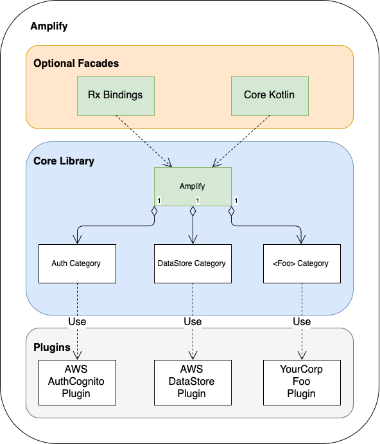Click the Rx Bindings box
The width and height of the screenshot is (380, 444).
pos(116,96)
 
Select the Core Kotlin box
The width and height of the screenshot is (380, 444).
pos(270,96)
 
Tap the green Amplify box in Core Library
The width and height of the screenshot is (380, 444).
pos(193,186)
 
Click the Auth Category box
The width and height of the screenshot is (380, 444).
pos(77,263)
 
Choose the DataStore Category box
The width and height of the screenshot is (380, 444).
pos(193,263)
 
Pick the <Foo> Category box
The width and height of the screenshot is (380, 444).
pos(302,263)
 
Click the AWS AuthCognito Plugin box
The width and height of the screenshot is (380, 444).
pos(77,382)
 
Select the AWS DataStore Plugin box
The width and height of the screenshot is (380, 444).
pos(193,382)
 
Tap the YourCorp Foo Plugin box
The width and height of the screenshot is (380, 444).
pos(302,382)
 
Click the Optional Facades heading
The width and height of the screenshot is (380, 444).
pos(76,63)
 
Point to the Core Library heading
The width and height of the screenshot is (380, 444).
pos(64,161)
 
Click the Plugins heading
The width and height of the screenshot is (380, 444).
pos(52,347)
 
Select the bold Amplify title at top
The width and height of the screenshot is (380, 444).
pos(49,26)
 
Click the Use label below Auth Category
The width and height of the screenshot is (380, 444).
pos(77,322)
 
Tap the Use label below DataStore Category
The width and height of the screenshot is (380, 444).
pos(193,322)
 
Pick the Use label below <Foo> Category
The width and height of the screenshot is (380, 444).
pos(302,322)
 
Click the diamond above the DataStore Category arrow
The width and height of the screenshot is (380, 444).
pos(193,211)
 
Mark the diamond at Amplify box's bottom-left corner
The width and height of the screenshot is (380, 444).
pos(154,211)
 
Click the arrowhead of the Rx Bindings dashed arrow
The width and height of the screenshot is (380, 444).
pos(168,163)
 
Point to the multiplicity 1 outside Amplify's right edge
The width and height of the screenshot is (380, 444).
pos(236,200)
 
